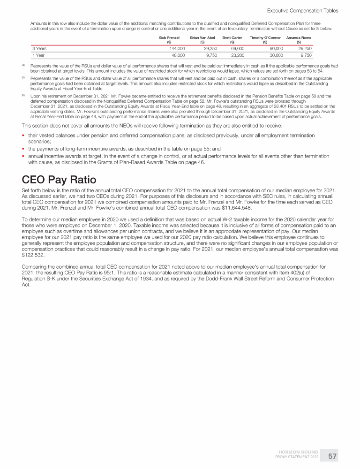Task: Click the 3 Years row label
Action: (x=39, y=48)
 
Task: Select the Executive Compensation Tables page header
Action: (x=302, y=10)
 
